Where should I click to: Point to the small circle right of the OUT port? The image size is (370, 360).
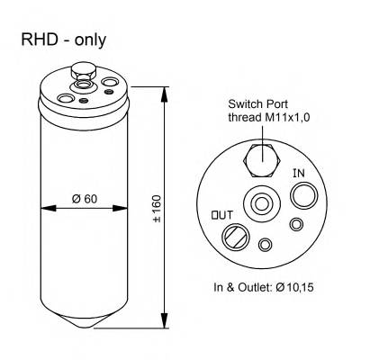[265, 244]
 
